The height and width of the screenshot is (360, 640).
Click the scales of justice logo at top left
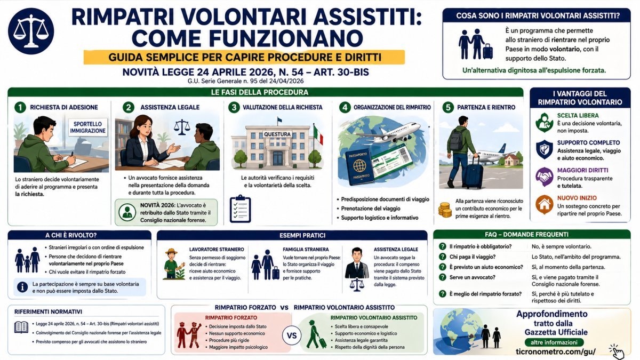tap(31, 31)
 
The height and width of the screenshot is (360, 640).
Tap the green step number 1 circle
tap(20, 107)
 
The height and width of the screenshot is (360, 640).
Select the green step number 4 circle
tap(345, 107)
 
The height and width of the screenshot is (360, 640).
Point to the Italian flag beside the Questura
tap(318, 134)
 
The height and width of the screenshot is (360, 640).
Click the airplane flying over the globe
tap(392, 132)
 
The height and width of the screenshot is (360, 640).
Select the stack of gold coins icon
tap(444, 209)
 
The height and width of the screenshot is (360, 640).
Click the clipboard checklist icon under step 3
tap(240, 207)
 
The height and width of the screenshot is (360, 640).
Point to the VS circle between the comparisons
tap(292, 336)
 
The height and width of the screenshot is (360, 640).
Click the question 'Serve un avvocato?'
tap(472, 277)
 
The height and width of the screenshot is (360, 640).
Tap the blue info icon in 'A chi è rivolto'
tap(22, 286)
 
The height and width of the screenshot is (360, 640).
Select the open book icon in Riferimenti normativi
tap(21, 327)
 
